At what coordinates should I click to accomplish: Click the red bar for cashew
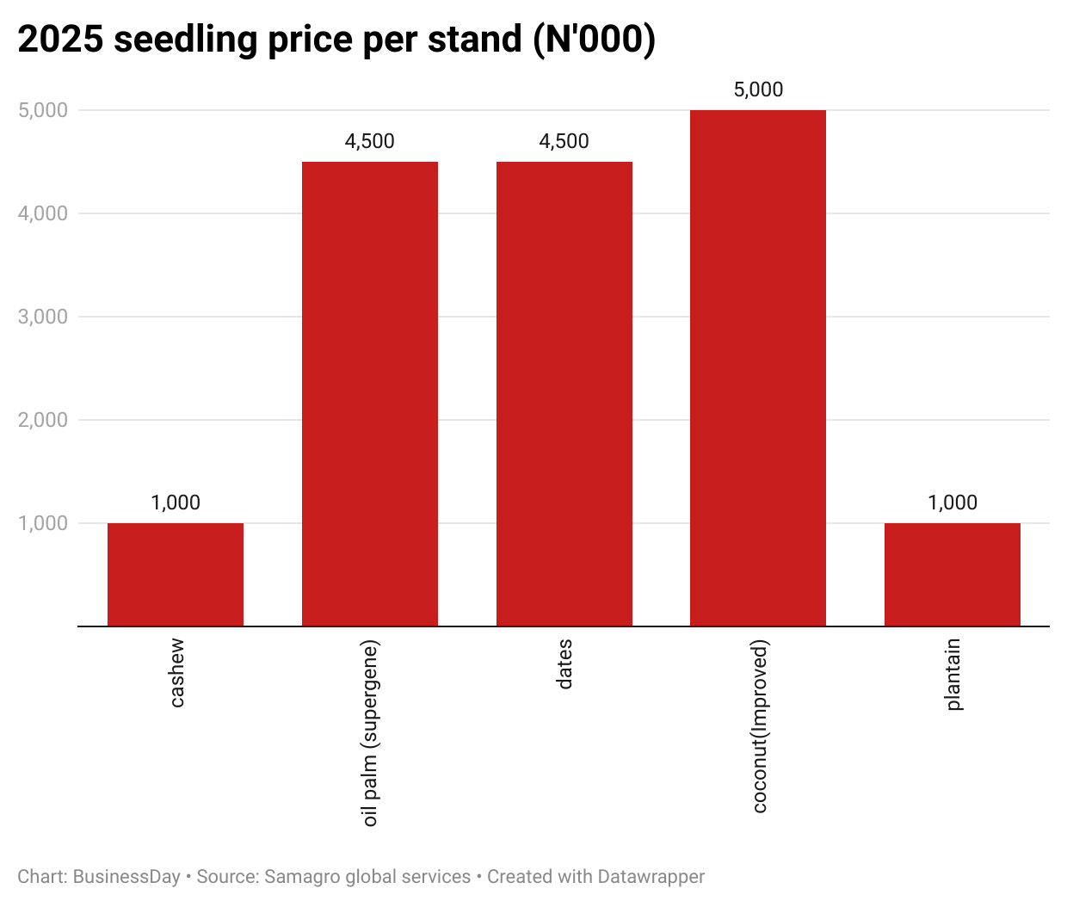point(176,574)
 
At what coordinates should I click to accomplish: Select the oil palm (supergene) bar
point(370,393)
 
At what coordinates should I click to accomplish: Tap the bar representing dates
point(564,393)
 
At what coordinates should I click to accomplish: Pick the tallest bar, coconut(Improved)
point(758,367)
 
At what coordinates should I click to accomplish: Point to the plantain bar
point(953,574)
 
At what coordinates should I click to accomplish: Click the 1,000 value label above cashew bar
point(176,503)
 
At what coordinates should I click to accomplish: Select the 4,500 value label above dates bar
point(564,141)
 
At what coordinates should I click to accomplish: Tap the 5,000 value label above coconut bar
point(758,89)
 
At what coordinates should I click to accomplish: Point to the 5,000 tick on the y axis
point(43,110)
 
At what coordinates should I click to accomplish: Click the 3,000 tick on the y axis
point(43,317)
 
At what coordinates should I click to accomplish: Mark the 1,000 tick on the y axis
point(43,523)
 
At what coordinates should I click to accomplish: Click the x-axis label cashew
point(176,673)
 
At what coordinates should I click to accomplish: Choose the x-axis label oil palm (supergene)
point(370,733)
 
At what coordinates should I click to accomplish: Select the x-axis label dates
point(564,664)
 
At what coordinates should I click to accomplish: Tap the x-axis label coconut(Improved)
point(759,726)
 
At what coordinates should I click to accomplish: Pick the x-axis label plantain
point(953,675)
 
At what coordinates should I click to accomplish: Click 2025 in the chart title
point(59,40)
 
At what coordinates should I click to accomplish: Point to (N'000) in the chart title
point(594,40)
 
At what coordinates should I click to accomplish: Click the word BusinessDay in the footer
point(126,877)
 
